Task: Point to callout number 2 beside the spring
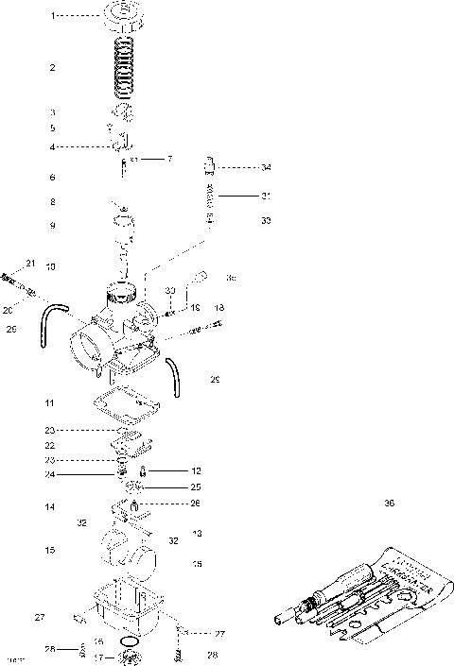coord(53,68)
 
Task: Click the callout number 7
coord(169,159)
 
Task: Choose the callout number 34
coord(266,167)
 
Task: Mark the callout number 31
coord(266,196)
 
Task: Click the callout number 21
coord(29,263)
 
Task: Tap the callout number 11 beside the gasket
coord(49,403)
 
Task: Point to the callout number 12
coord(196,470)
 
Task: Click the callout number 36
coord(389,504)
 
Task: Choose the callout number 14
coord(49,507)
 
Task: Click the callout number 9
coord(53,226)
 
